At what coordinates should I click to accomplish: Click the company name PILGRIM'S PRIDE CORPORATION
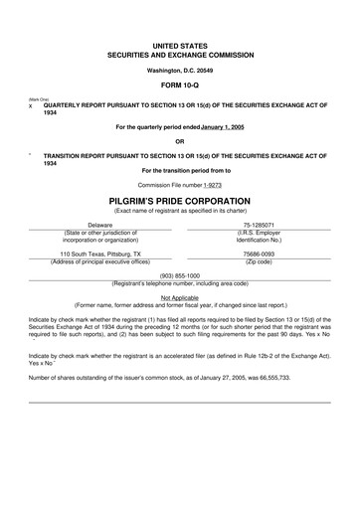(x=179, y=200)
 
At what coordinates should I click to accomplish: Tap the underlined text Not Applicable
(x=179, y=296)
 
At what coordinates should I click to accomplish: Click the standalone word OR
(x=179, y=140)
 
